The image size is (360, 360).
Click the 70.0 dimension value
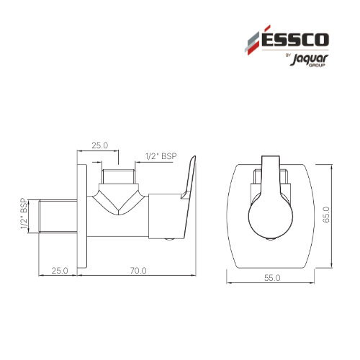[x=138, y=271]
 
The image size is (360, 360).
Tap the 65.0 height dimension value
[x=326, y=215]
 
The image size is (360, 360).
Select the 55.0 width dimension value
[x=272, y=278]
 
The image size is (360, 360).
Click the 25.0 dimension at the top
[x=100, y=145]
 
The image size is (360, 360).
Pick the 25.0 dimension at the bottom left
[x=60, y=271]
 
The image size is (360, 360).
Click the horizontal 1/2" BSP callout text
[x=161, y=156]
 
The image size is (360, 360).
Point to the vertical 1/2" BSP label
[x=24, y=213]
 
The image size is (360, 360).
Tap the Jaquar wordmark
[x=309, y=60]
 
